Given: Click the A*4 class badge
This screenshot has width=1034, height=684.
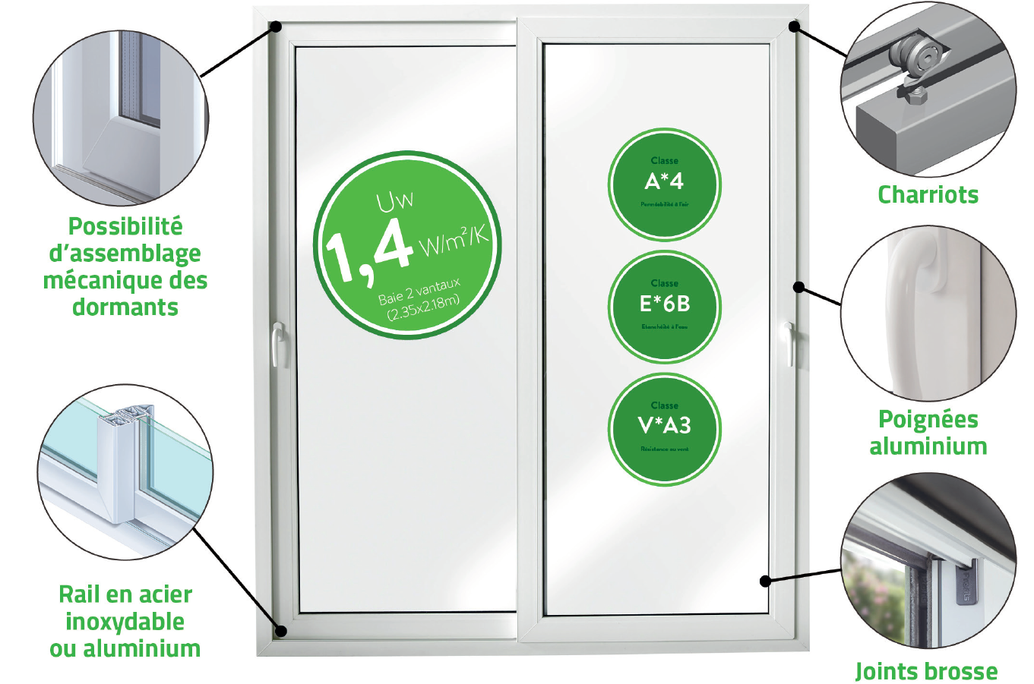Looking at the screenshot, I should pos(664,184).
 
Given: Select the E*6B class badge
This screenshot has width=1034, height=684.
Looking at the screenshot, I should pos(664,307).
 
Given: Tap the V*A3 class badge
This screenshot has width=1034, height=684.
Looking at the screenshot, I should pos(664,429).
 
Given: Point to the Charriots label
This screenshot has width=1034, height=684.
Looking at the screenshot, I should pos(928,195).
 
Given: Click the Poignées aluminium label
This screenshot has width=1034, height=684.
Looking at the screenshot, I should pos(928,433).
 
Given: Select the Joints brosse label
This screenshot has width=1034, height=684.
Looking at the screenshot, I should pos(926,671).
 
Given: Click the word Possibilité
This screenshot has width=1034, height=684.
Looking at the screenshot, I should pos(125,226).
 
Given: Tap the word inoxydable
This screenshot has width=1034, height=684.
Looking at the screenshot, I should pos(125,622).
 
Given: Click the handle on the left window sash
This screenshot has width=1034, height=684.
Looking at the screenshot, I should pos(278,343).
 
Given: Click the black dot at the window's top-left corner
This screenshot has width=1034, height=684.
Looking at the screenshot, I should pos(276,27).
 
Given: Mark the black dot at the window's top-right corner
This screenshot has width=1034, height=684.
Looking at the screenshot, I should pos(794,27).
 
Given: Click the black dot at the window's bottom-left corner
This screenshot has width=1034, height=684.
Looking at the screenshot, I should pos(280,631).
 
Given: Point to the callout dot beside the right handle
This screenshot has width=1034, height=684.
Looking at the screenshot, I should pos(798,287).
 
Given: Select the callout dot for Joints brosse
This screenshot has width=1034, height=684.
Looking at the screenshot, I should pos(766,581).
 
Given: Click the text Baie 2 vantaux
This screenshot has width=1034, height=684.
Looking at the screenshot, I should pos(419,292).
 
